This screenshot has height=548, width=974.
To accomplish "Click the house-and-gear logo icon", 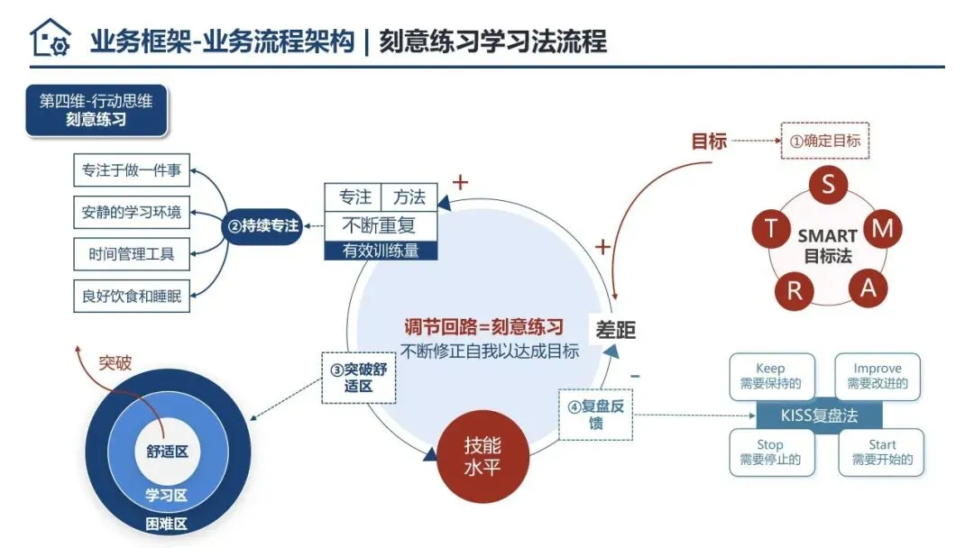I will [x=50, y=38].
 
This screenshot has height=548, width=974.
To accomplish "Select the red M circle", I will [x=883, y=229].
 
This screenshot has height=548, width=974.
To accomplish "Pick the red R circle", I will [x=795, y=291].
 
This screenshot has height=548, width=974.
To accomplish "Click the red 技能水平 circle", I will [x=482, y=457].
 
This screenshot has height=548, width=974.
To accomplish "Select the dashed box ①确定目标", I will [x=824, y=141].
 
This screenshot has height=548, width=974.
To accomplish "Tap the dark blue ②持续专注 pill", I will [x=262, y=225].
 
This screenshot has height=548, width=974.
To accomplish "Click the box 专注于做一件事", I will [x=132, y=170].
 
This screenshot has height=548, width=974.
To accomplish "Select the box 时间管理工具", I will [x=132, y=254].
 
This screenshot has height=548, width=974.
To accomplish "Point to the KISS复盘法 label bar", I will [x=819, y=416].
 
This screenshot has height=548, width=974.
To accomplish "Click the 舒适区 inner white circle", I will [x=167, y=451].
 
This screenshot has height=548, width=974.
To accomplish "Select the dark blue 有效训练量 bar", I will [x=381, y=251].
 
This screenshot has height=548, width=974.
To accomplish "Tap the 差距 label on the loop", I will [x=615, y=331].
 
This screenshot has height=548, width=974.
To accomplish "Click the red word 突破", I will [x=115, y=363].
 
